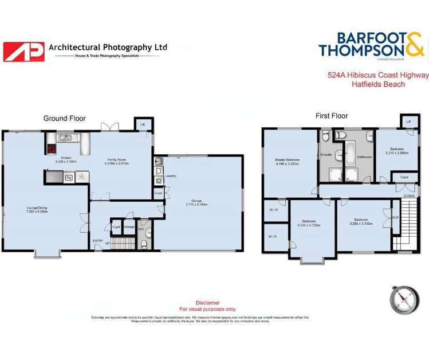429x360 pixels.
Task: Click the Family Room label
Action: coord(115,161)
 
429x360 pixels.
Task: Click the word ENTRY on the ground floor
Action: coord(97,240)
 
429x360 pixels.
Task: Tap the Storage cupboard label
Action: coord(129,226)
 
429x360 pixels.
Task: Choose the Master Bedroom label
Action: coord(287,161)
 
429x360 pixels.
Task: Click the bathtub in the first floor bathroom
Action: coord(349,153)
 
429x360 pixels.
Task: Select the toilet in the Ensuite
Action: coord(325,135)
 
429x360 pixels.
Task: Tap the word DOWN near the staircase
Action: coord(408,195)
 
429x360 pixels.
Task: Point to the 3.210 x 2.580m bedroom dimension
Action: coord(396,153)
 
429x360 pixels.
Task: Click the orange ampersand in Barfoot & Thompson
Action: coord(415,45)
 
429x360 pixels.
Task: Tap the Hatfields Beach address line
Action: coord(378,84)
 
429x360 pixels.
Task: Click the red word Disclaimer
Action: coord(207,303)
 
